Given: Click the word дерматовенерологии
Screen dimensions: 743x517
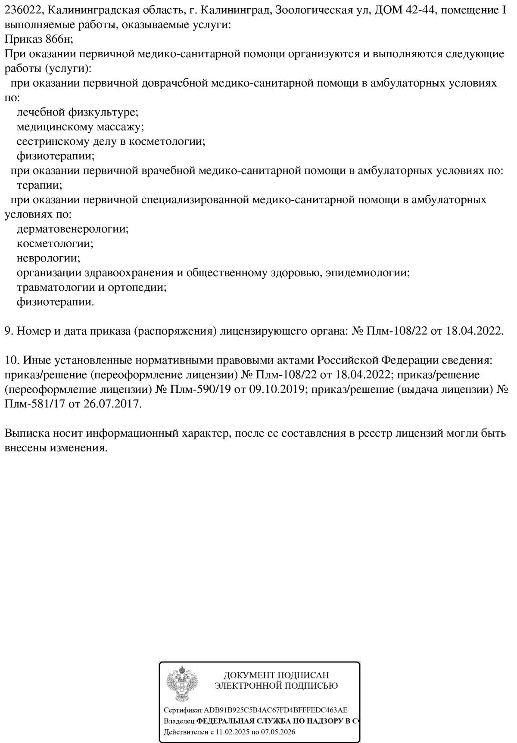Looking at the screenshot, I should pyautogui.click(x=72, y=229).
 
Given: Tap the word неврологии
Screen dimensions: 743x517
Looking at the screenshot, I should pyautogui.click(x=48, y=258).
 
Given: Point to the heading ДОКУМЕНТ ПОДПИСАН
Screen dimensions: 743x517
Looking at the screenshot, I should pyautogui.click(x=276, y=675).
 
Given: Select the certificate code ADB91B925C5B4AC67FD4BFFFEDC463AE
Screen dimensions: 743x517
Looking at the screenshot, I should pyautogui.click(x=275, y=710).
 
